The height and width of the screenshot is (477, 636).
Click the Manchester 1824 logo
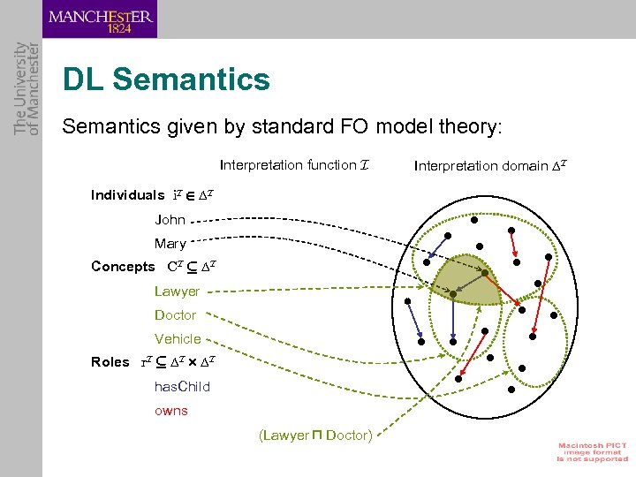tap(100, 19)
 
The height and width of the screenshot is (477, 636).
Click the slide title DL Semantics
tap(166, 80)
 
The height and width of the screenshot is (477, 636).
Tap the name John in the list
tap(170, 219)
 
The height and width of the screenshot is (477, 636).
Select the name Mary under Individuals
tap(170, 243)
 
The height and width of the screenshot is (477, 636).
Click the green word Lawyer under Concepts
tap(177, 291)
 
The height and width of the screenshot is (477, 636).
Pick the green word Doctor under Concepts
tap(175, 314)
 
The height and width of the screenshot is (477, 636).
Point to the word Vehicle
tap(178, 338)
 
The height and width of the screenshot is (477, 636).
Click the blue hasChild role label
tap(182, 386)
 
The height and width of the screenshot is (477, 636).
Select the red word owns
tap(171, 410)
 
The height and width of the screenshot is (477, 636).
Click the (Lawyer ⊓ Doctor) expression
tap(315, 435)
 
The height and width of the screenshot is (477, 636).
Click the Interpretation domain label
tap(489, 165)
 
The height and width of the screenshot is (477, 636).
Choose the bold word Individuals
tap(127, 195)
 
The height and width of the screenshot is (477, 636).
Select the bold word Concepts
tap(123, 267)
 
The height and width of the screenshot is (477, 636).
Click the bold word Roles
tap(110, 362)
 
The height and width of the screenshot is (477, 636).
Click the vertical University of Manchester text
tap(26, 88)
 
